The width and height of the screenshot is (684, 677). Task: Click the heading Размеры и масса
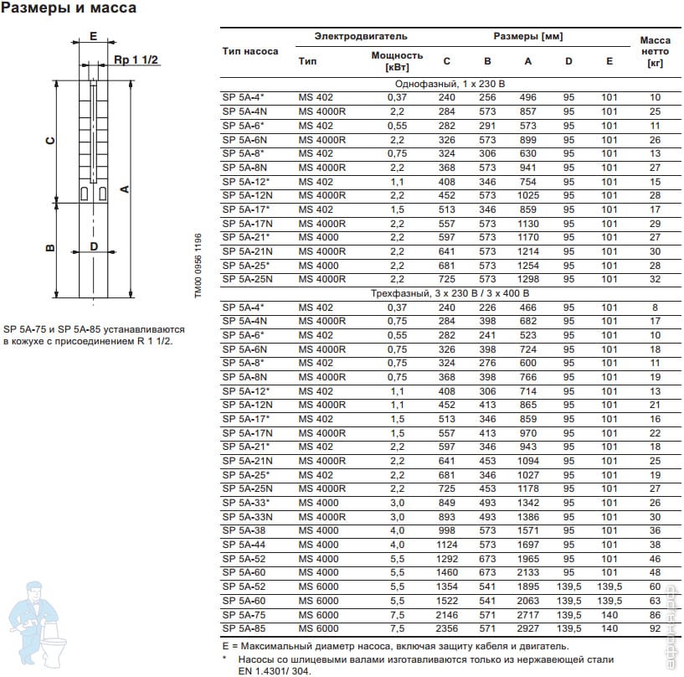tap(69, 9)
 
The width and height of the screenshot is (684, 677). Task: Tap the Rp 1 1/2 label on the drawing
tap(129, 60)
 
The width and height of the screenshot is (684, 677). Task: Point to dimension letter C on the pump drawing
tap(50, 141)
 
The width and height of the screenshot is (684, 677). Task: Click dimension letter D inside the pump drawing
tap(94, 246)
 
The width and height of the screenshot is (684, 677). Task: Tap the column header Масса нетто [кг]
tap(656, 51)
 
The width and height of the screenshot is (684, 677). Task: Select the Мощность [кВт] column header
tap(397, 60)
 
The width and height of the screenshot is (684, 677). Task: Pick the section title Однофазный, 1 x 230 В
tap(449, 85)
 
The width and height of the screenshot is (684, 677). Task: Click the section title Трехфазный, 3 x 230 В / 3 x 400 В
tap(449, 294)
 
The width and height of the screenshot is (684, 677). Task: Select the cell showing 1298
tap(527, 279)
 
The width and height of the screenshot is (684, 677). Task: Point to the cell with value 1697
tap(527, 545)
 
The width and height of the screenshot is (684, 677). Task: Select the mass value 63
tap(655, 601)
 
